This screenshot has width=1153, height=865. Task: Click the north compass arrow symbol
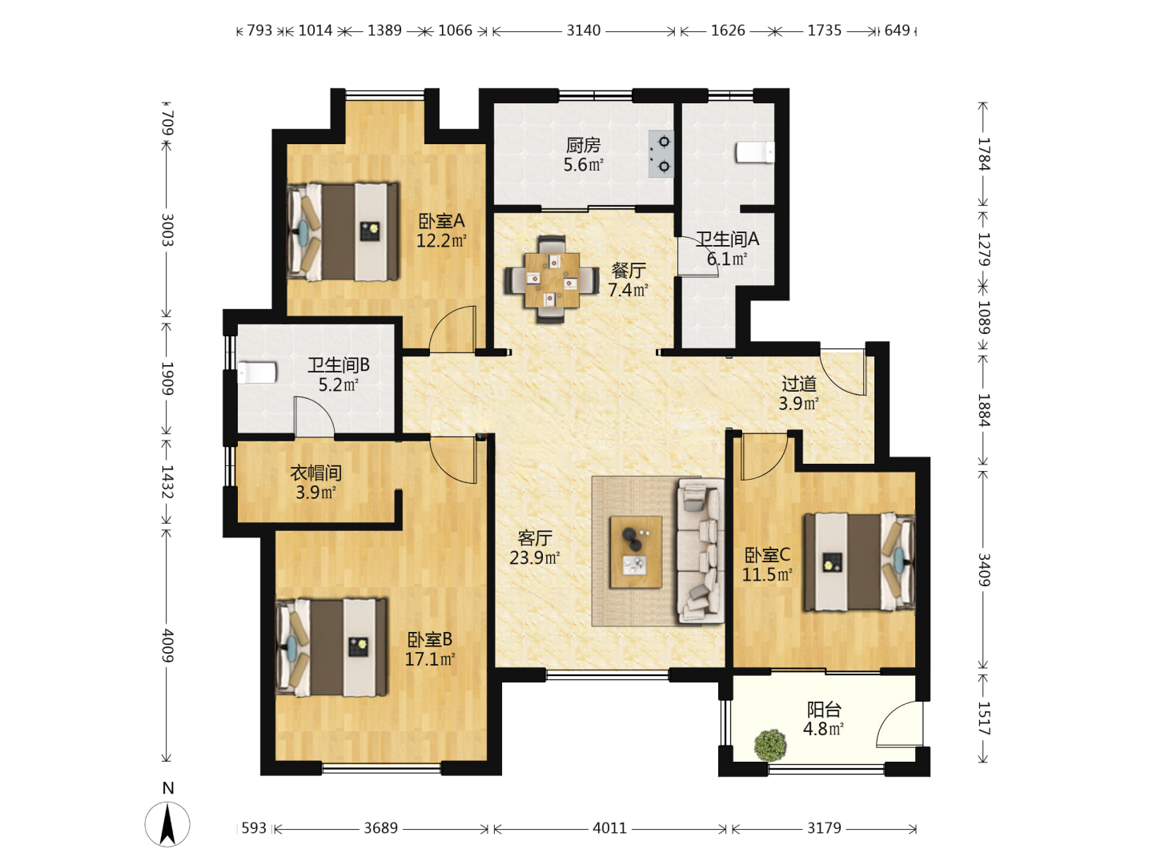[x=167, y=823]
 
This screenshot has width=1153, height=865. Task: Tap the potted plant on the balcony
[x=770, y=745]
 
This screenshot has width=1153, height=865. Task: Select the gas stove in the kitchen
[x=661, y=154]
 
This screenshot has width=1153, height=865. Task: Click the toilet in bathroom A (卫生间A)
[x=755, y=152]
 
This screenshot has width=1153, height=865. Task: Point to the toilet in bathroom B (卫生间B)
[x=257, y=372]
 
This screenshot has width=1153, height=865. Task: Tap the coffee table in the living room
[x=636, y=552]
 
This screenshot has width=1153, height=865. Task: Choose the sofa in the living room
[x=700, y=550]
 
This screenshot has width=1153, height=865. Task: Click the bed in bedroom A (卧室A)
[x=343, y=231]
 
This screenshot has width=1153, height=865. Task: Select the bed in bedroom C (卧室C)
[x=859, y=562]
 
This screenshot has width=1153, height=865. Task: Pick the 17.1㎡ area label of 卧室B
[x=430, y=659]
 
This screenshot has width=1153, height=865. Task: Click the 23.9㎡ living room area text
[x=534, y=557]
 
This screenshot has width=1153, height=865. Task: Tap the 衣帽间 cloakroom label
[x=315, y=473]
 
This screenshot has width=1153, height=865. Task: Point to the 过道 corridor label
[x=799, y=384]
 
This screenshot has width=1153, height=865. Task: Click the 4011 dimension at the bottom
[x=609, y=828]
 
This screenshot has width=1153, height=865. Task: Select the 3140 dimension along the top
[x=583, y=30]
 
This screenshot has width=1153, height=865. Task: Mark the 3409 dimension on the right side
[x=983, y=569]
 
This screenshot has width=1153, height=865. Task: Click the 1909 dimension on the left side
[x=167, y=378]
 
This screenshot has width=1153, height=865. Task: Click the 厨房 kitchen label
[x=583, y=144]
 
